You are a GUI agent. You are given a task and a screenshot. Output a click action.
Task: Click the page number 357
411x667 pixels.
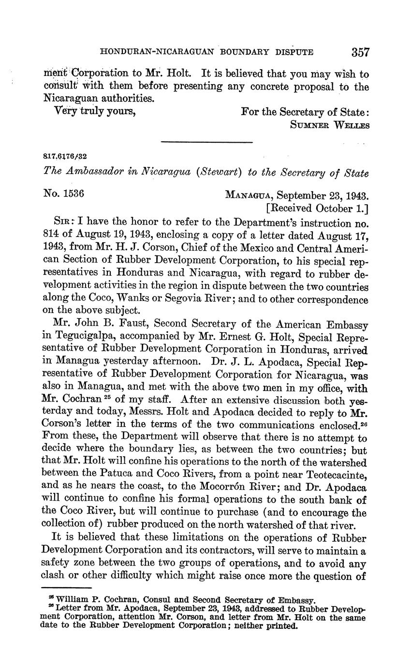pyautogui.click(x=361, y=52)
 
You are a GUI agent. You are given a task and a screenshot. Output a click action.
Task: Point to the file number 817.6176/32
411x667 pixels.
pyautogui.click(x=65, y=157)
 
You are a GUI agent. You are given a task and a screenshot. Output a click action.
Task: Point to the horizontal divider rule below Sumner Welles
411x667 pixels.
pyautogui.click(x=206, y=142)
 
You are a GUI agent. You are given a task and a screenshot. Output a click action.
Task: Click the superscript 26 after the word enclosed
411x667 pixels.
pyautogui.click(x=363, y=423)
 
